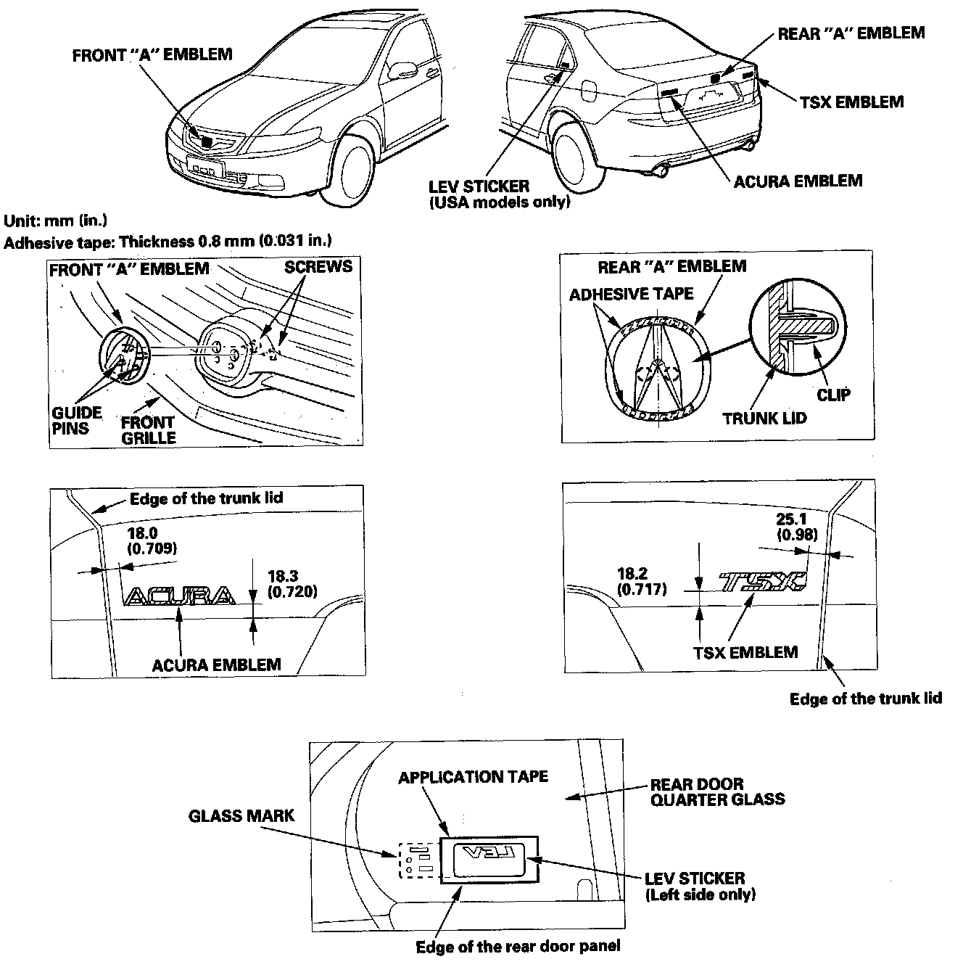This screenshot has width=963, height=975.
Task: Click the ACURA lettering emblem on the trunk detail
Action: [x=180, y=596]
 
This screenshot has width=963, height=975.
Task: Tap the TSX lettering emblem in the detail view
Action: [x=762, y=582]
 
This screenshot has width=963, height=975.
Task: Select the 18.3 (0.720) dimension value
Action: [x=292, y=584]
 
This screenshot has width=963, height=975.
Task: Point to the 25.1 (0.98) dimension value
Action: [x=796, y=527]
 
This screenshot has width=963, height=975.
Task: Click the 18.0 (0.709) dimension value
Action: [x=151, y=540]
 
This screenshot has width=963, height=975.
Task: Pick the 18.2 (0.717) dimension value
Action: [x=642, y=582]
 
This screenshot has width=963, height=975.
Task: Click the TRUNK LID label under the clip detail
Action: [x=764, y=419]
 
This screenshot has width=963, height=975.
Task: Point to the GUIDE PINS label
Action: [x=76, y=421]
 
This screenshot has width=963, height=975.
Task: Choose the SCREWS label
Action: [x=318, y=266]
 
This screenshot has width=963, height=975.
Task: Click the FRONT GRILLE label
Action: [x=148, y=430]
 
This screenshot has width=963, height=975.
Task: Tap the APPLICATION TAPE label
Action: [x=473, y=777]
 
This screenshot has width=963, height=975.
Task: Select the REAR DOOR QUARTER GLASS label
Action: [x=716, y=791]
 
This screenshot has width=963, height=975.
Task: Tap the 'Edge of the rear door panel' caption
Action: [x=518, y=946]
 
